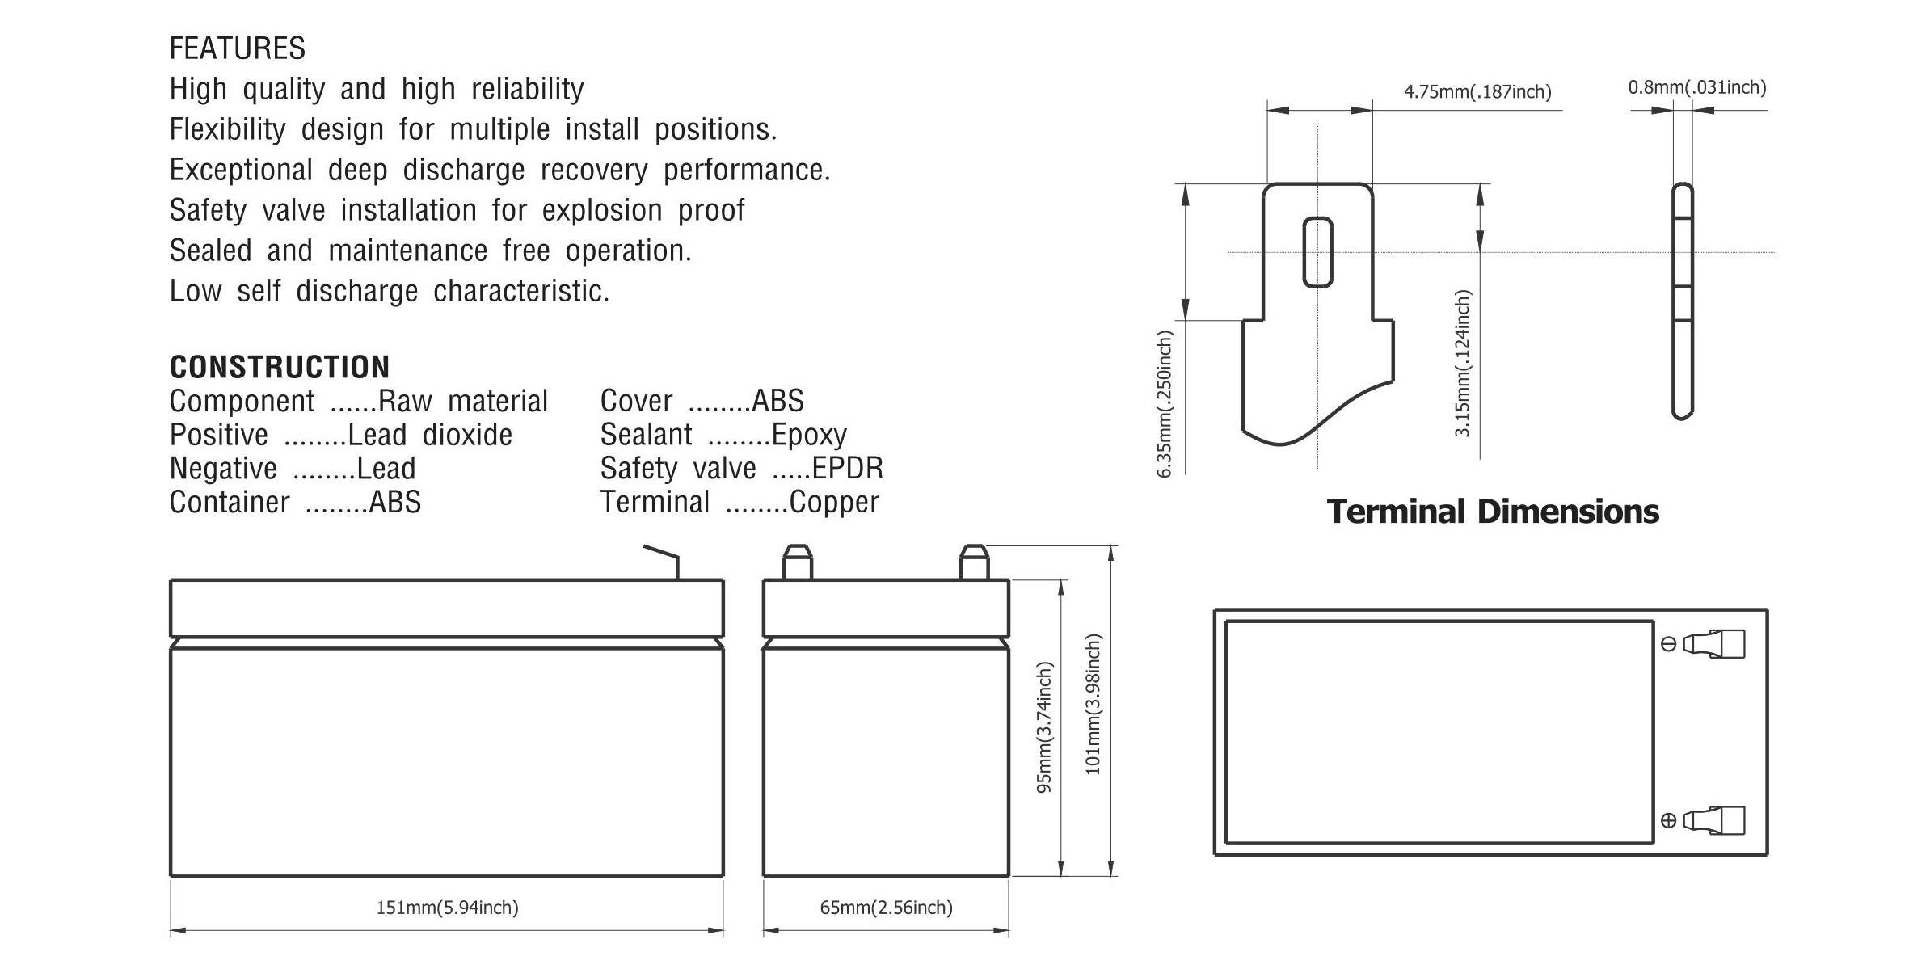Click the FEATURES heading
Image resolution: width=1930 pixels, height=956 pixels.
pos(237,48)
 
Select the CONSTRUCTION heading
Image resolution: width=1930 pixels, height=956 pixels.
pos(280,367)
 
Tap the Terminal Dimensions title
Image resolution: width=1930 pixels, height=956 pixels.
pos(1493,512)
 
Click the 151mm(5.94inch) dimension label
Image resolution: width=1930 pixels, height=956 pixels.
pos(447,908)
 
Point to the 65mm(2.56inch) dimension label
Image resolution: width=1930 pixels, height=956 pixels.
pos(886,908)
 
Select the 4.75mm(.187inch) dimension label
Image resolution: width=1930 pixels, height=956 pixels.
pos(1477,91)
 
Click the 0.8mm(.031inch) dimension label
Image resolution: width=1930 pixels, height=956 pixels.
pos(1697,87)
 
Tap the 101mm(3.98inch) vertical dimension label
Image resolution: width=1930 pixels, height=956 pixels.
pos(1093,705)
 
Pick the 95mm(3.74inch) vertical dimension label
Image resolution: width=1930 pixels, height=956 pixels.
pos(1044,727)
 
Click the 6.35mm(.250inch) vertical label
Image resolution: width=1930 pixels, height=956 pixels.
pos(1164,404)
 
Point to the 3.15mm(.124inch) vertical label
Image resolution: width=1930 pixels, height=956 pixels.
pos(1462,364)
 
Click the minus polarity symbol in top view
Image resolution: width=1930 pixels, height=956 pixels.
pos(1668,644)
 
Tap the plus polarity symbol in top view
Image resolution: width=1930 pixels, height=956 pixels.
pos(1668,821)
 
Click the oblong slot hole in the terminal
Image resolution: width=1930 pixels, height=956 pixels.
pos(1317,252)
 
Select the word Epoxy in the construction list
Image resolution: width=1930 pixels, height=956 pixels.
pos(809,435)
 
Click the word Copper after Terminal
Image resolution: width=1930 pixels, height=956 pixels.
pos(834,502)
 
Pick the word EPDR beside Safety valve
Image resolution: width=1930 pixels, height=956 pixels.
pos(848,468)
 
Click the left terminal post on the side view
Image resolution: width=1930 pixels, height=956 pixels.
pos(797,562)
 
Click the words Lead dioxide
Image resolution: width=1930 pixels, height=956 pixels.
pos(430,435)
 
